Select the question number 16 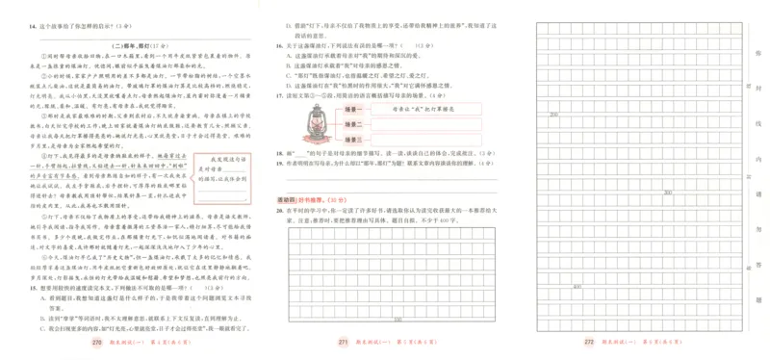278,44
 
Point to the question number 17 278,96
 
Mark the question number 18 278,153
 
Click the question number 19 278,163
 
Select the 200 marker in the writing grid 553,114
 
